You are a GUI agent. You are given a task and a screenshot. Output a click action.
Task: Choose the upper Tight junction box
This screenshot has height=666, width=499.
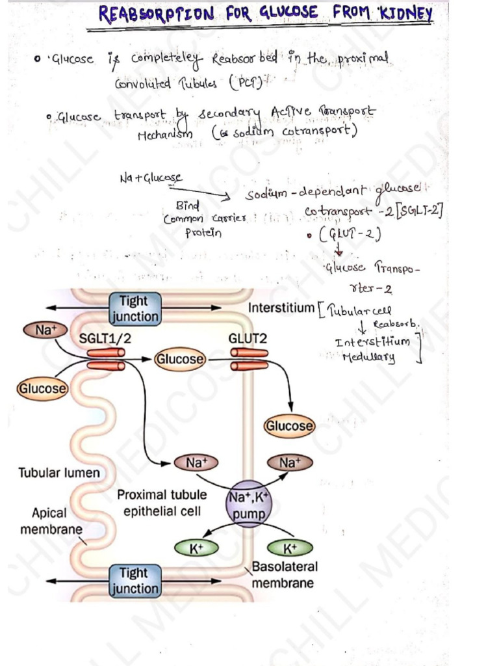click(134, 308)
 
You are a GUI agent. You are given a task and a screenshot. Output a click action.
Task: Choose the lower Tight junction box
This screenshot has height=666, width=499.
click(134, 581)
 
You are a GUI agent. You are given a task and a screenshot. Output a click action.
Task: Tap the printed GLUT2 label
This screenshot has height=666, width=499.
click(248, 338)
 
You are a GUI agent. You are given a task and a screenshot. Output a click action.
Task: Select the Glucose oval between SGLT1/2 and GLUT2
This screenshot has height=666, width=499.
click(179, 358)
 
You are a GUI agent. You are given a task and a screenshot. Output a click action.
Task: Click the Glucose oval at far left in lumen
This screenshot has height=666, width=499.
click(42, 388)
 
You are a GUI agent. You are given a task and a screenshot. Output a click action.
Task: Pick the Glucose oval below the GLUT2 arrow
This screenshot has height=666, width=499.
click(288, 426)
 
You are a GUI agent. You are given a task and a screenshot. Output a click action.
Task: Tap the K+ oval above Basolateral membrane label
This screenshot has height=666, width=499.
click(289, 548)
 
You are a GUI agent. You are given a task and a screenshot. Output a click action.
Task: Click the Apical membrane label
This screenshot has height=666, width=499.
click(50, 521)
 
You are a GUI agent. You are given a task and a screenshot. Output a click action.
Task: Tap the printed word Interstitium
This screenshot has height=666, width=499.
click(281, 307)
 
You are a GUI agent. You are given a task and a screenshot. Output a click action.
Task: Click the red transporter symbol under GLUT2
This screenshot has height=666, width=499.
click(249, 358)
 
